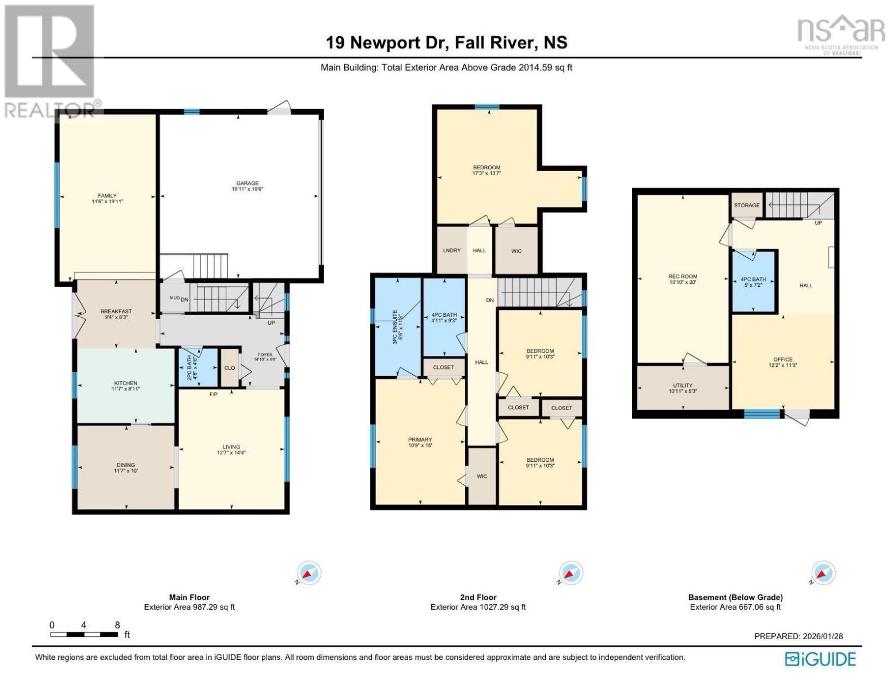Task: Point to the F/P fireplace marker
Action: pos(213,394)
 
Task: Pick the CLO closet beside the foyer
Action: pos(230,368)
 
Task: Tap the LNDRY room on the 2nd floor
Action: pos(452,250)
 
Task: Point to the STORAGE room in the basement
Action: pos(747,206)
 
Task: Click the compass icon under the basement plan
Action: pos(823,573)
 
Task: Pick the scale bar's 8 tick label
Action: pos(117,625)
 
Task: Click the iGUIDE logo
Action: pos(820,659)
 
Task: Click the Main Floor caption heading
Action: pos(189,597)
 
